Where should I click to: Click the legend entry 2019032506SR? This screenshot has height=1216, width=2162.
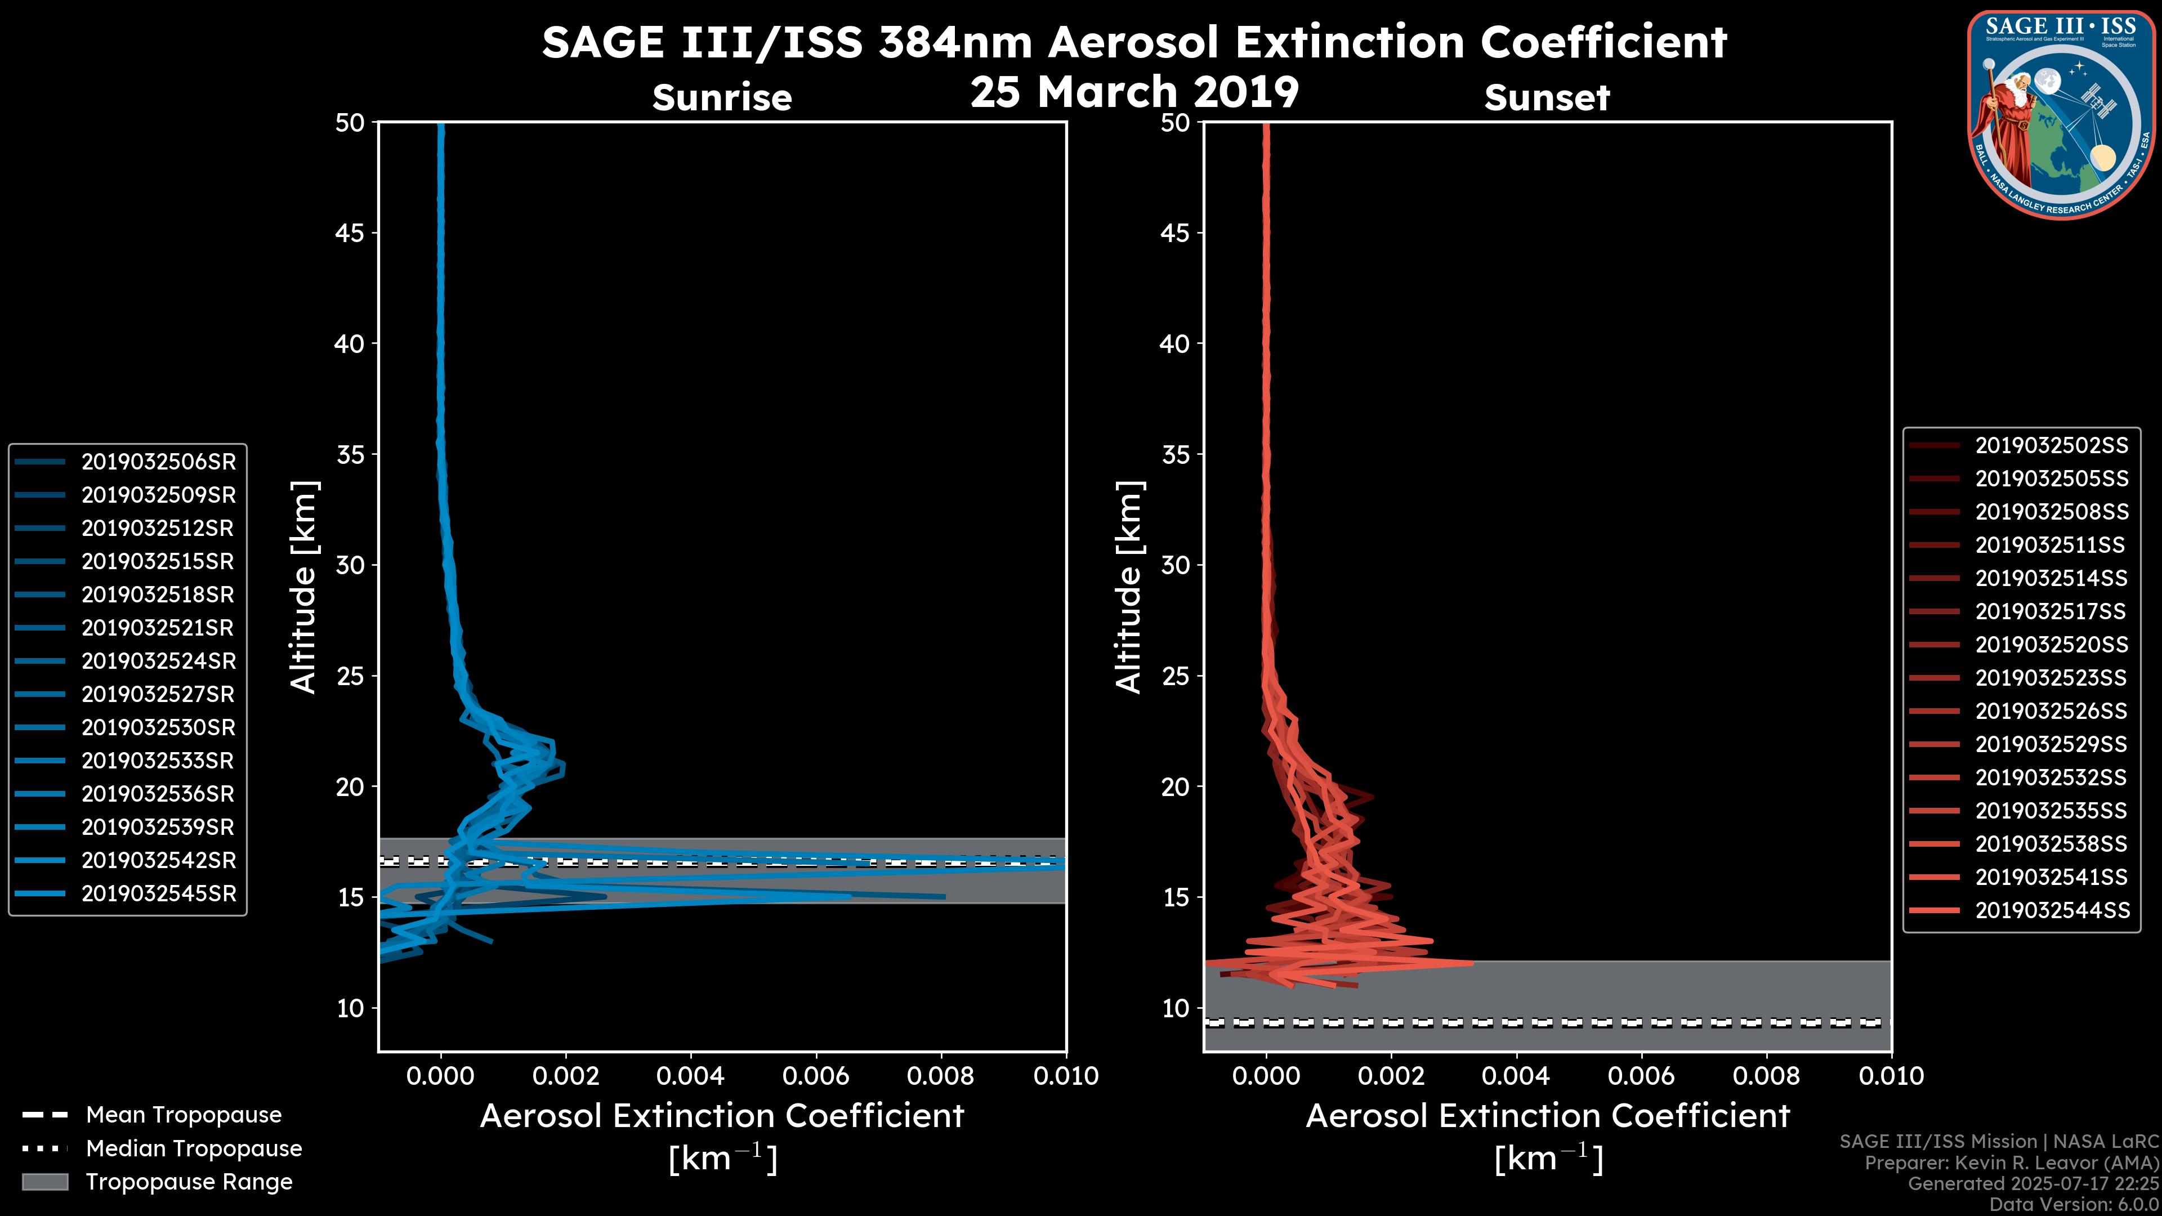click(158, 462)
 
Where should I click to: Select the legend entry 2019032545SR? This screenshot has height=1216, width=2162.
click(158, 894)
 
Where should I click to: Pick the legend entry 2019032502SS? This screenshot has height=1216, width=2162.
click(2051, 446)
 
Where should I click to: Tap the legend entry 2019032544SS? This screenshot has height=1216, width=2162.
click(2051, 910)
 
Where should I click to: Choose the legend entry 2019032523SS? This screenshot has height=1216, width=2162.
click(2051, 678)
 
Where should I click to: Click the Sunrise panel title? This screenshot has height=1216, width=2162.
click(722, 98)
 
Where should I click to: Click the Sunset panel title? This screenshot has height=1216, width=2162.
click(1546, 98)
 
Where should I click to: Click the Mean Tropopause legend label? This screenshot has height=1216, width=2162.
click(184, 1115)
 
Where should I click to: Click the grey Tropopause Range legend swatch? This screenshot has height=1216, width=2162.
click(45, 1182)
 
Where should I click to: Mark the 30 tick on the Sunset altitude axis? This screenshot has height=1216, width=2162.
click(1175, 565)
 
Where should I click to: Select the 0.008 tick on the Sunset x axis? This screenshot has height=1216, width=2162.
click(1766, 1076)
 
